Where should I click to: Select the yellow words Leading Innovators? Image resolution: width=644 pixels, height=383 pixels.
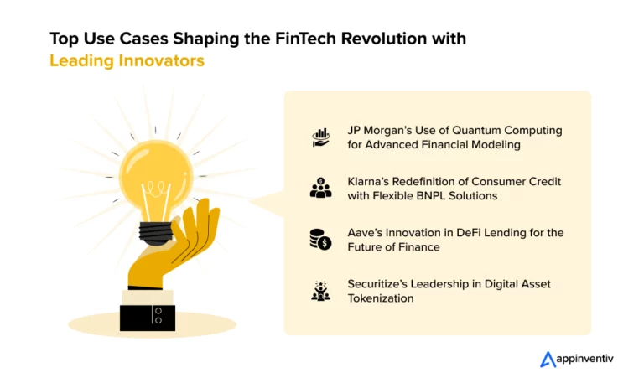pyautogui.click(x=127, y=60)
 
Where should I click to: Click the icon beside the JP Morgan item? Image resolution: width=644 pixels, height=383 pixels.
pyautogui.click(x=320, y=138)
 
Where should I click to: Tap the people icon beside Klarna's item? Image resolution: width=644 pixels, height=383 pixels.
pyautogui.click(x=320, y=188)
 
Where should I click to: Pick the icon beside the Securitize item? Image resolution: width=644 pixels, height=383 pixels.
pyautogui.click(x=320, y=291)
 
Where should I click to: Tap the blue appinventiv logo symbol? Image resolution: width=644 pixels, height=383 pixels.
pyautogui.click(x=548, y=360)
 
